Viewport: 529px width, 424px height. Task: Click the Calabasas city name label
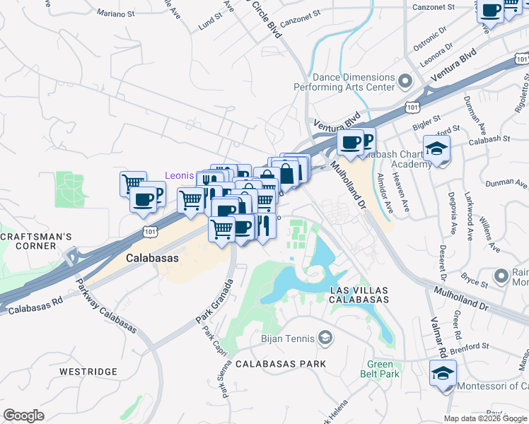coord(152,259)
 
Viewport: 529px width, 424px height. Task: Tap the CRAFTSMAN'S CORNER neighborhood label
coord(28,240)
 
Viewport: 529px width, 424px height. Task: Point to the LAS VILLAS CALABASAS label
coord(360,295)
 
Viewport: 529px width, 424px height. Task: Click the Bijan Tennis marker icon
coord(325,337)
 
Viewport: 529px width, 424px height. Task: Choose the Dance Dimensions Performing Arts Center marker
coord(405,81)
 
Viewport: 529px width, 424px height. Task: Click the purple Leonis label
coord(179,175)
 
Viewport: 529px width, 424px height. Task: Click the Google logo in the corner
coord(24,416)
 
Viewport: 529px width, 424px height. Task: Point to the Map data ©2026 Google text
coord(486,418)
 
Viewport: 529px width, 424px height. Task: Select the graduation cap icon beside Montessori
coord(443,373)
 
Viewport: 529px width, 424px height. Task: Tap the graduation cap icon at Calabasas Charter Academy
coord(437,149)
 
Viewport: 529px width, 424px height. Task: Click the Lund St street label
coord(210,24)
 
